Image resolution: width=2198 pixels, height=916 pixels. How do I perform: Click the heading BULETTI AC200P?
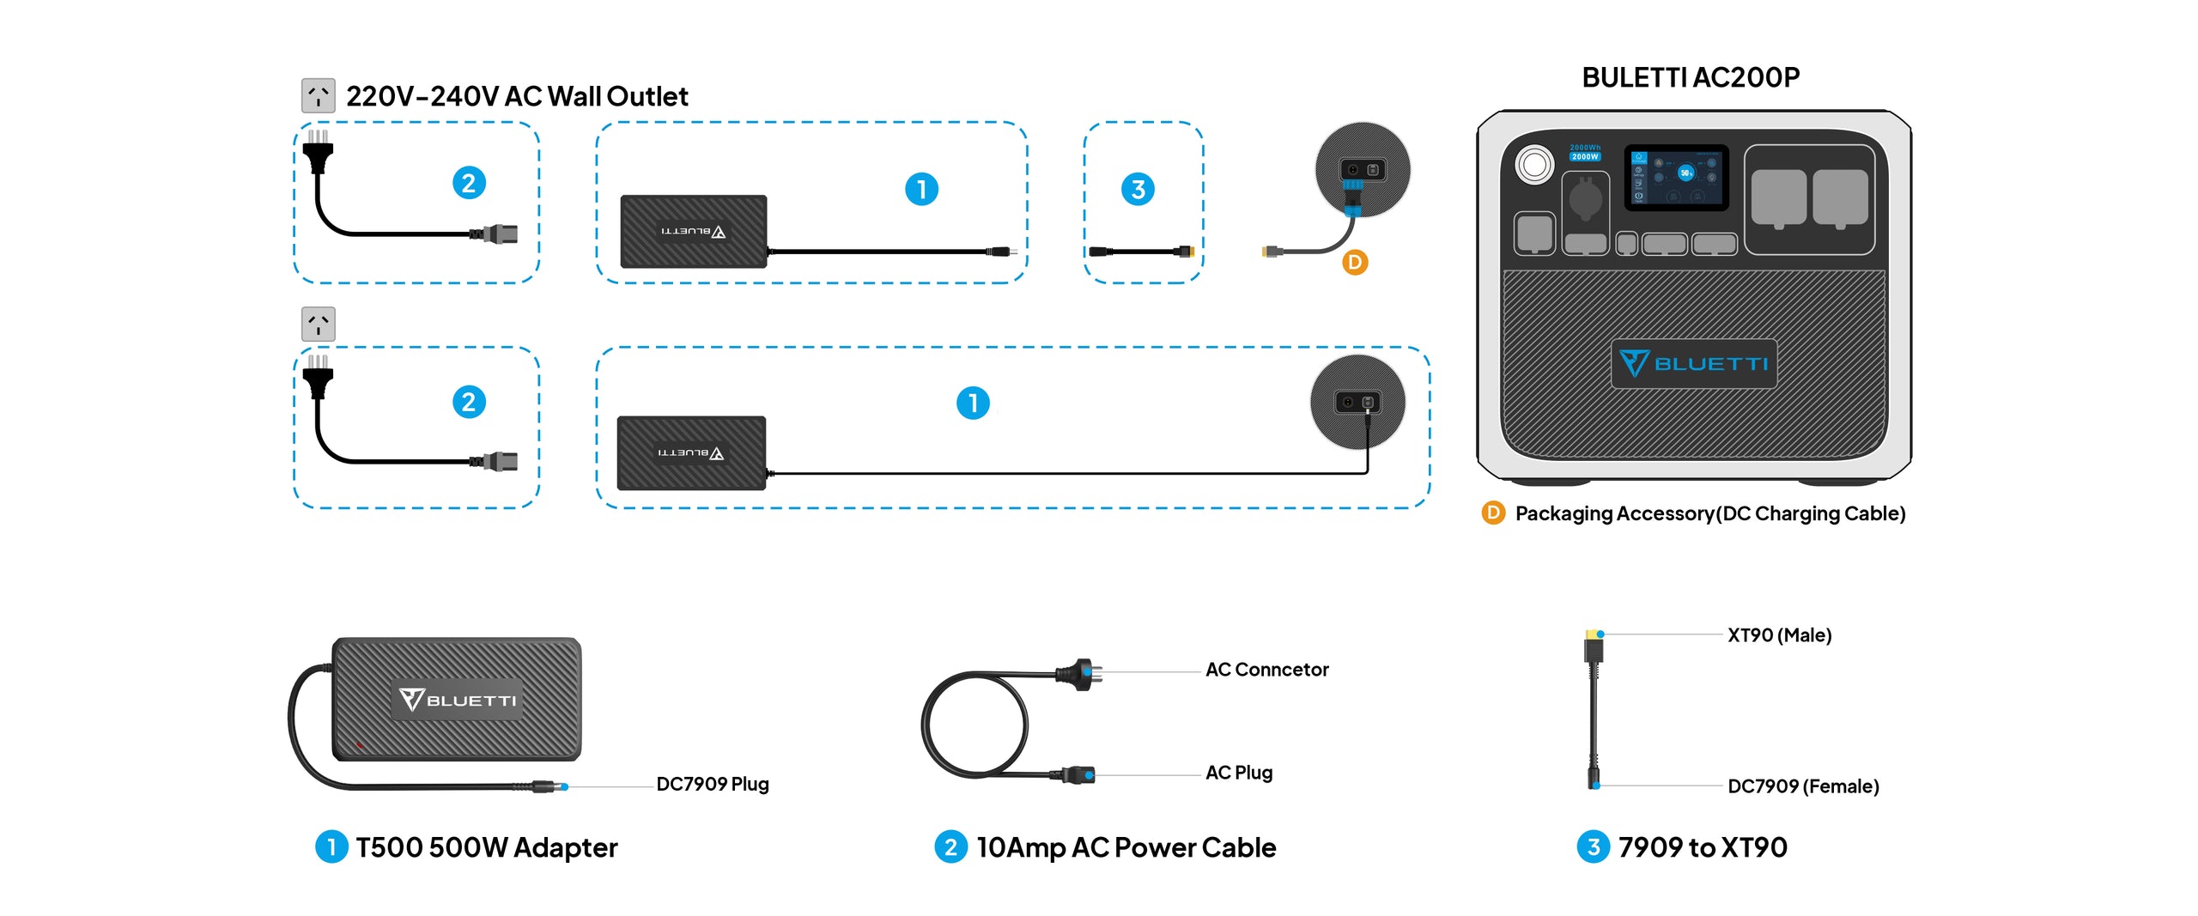pyautogui.click(x=1690, y=78)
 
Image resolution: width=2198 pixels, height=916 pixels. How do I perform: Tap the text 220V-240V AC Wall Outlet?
pyautogui.click(x=516, y=96)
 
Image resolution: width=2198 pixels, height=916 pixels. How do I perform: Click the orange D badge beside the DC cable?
pyautogui.click(x=1354, y=263)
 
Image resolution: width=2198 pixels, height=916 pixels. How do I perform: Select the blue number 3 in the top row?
pyautogui.click(x=1138, y=189)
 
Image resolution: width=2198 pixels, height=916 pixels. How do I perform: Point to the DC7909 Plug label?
pyautogui.click(x=712, y=784)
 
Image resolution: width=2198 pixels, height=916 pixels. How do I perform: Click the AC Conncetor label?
pyautogui.click(x=1266, y=670)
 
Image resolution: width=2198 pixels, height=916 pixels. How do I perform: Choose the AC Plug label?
pyautogui.click(x=1238, y=773)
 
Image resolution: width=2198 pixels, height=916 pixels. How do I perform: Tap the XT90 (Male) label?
pyautogui.click(x=1779, y=635)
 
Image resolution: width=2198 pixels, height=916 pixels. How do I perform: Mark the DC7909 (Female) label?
pyautogui.click(x=1802, y=786)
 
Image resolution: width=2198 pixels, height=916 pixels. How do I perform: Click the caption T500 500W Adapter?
pyautogui.click(x=486, y=847)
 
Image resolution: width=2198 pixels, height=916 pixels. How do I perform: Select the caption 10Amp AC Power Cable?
pyautogui.click(x=1126, y=847)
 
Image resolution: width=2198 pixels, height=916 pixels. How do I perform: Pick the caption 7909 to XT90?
pyautogui.click(x=1702, y=847)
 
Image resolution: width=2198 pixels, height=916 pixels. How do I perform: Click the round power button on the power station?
pyautogui.click(x=1534, y=164)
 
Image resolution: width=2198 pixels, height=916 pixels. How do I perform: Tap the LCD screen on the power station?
pyautogui.click(x=1676, y=177)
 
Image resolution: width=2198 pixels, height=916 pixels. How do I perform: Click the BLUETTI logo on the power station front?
pyautogui.click(x=1693, y=364)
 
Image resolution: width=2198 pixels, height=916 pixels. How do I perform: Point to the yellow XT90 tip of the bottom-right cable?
pyautogui.click(x=1594, y=636)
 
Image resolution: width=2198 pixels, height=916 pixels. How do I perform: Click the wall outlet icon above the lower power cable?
pyautogui.click(x=319, y=325)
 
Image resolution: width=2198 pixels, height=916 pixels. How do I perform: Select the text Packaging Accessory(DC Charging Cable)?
pyautogui.click(x=1709, y=513)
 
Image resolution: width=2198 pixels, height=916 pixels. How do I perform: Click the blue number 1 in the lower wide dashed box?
pyautogui.click(x=973, y=403)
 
